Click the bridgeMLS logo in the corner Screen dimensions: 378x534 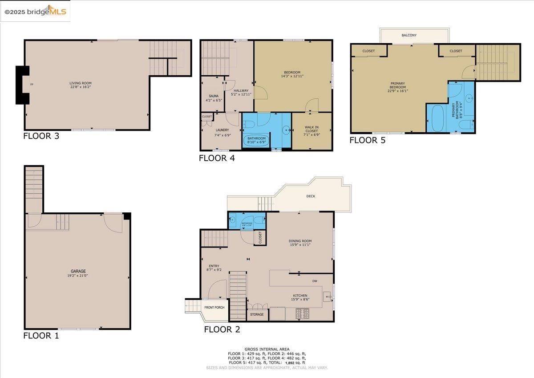[35, 12]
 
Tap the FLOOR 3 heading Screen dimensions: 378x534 [41, 136]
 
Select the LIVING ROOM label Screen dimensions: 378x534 [80, 83]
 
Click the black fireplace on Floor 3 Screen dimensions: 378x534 [22, 85]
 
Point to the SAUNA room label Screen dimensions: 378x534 [213, 96]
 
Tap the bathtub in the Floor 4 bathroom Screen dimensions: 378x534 [256, 139]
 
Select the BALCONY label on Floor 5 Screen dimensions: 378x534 [409, 35]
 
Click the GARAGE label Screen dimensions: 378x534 [78, 271]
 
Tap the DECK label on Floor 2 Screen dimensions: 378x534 [311, 196]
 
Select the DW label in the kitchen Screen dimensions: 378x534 [314, 281]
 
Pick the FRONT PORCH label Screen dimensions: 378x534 [214, 308]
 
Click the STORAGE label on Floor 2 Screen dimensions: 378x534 [257, 314]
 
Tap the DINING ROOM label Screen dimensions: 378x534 [300, 241]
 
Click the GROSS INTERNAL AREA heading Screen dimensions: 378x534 [267, 349]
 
